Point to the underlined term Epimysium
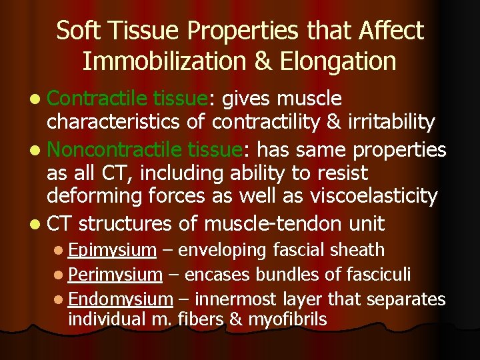(x=112, y=250)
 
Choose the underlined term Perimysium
(x=115, y=274)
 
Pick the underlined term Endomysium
(x=120, y=299)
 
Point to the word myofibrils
(x=287, y=320)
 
